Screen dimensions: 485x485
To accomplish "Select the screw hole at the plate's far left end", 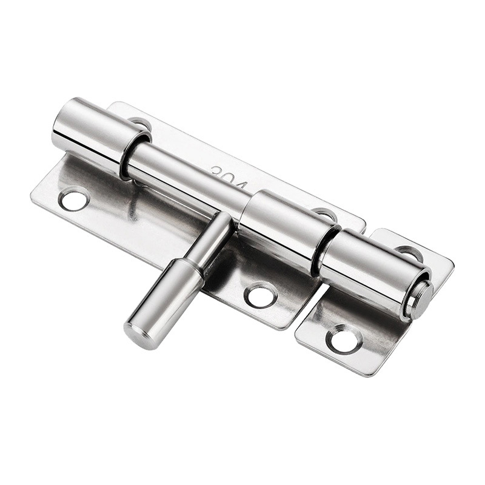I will (x=74, y=199).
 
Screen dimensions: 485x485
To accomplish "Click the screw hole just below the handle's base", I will (x=261, y=295).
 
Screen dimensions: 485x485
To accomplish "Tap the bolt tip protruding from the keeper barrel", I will (x=420, y=299).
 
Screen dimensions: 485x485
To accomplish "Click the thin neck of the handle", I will (x=212, y=239).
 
